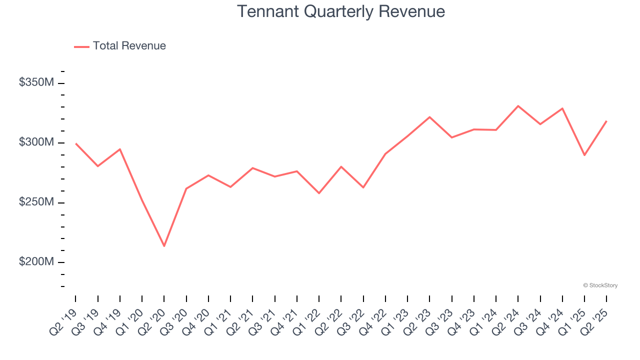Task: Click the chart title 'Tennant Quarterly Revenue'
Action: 340,11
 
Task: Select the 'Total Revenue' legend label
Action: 129,46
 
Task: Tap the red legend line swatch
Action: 81,46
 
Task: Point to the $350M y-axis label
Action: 36,82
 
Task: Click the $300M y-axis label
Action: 36,142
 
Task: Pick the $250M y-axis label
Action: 36,202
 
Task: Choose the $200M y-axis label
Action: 36,262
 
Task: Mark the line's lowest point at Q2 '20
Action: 164,246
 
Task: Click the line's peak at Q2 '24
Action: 518,106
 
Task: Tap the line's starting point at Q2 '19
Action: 75,143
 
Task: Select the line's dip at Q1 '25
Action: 584,155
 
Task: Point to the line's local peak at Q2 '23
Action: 429,117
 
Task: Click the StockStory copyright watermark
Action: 600,285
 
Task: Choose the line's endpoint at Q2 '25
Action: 606,121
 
